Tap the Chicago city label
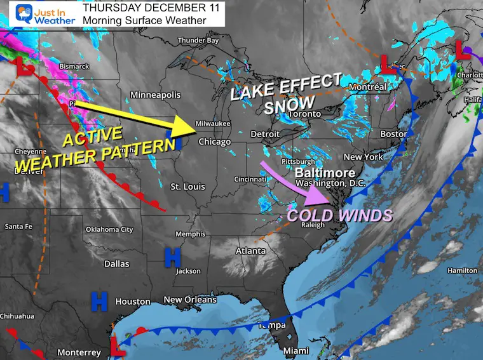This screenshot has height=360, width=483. coord(214,142)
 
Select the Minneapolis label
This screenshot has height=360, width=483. coord(155,95)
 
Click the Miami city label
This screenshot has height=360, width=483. coord(296,351)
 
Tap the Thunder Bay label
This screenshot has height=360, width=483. coord(198,41)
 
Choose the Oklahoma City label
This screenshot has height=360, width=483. coord(109,229)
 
